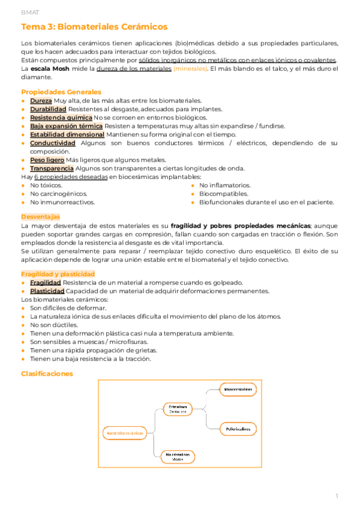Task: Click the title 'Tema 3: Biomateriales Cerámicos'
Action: pyautogui.click(x=94, y=27)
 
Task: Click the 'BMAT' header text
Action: pyautogui.click(x=29, y=11)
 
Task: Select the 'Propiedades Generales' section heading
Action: pyautogui.click(x=61, y=92)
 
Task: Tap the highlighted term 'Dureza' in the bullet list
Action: pyautogui.click(x=41, y=101)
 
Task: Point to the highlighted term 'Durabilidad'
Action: pyautogui.click(x=48, y=109)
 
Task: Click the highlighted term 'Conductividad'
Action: pyautogui.click(x=52, y=143)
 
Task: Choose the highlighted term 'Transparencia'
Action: pyautogui.click(x=52, y=169)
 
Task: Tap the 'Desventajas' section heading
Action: pyautogui.click(x=40, y=215)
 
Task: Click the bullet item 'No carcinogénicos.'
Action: pyautogui.click(x=58, y=194)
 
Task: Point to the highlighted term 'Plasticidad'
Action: pyautogui.click(x=47, y=291)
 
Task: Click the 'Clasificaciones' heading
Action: pyautogui.click(x=47, y=373)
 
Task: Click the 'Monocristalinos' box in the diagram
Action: pyautogui.click(x=238, y=390)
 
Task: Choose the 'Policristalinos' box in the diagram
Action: pyautogui.click(x=238, y=429)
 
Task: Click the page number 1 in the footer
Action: pyautogui.click(x=337, y=496)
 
